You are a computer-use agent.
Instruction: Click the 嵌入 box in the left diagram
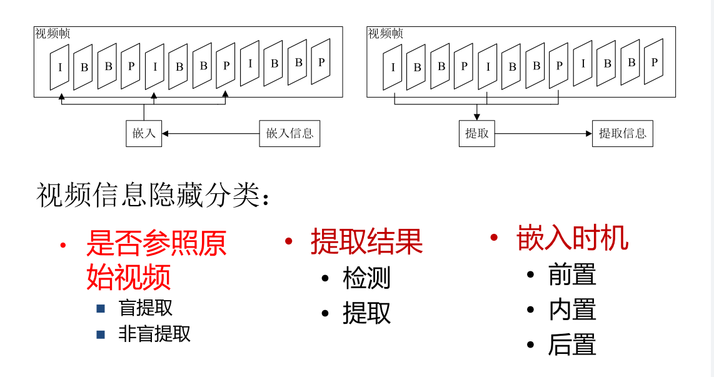144,133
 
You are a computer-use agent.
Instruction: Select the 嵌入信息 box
289,133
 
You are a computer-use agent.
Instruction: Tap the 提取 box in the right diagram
477,133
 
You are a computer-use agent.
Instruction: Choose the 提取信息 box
622,133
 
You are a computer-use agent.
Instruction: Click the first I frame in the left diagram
60,67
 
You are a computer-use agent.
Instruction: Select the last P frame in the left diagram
321,62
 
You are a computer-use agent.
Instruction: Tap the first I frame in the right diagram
393,67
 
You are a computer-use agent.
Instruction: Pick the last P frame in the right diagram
654,62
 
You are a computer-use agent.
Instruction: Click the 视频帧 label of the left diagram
53,34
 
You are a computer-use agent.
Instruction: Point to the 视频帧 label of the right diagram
385,34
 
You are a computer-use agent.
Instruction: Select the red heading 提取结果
366,241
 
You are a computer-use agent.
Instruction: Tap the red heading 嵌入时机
572,238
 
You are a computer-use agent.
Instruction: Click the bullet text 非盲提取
154,334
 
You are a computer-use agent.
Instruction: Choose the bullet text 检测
366,278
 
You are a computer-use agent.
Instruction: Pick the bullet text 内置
572,310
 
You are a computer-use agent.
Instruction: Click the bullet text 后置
572,345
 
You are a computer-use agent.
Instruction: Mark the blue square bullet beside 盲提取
101,308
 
